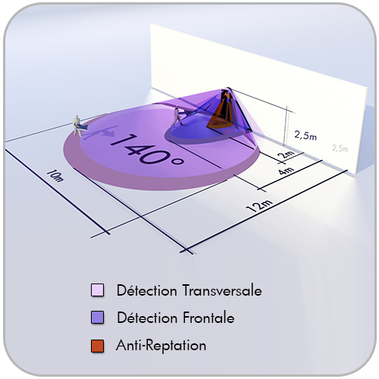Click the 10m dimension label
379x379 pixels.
click(55, 176)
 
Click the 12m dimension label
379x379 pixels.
click(259, 205)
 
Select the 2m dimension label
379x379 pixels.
click(287, 154)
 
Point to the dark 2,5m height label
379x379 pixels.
click(305, 136)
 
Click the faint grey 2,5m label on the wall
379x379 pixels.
click(340, 148)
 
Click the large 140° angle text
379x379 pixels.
click(146, 149)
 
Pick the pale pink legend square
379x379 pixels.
click(97, 290)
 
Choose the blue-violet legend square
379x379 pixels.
click(97, 318)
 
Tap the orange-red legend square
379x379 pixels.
click(97, 346)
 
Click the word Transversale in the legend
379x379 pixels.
click(222, 290)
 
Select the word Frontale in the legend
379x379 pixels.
click(208, 318)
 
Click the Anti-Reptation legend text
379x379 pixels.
click(161, 345)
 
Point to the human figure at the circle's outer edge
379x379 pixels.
click(77, 126)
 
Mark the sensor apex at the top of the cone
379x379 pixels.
click(228, 89)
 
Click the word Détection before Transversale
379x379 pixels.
click(146, 290)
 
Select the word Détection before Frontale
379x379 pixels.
click(147, 318)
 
